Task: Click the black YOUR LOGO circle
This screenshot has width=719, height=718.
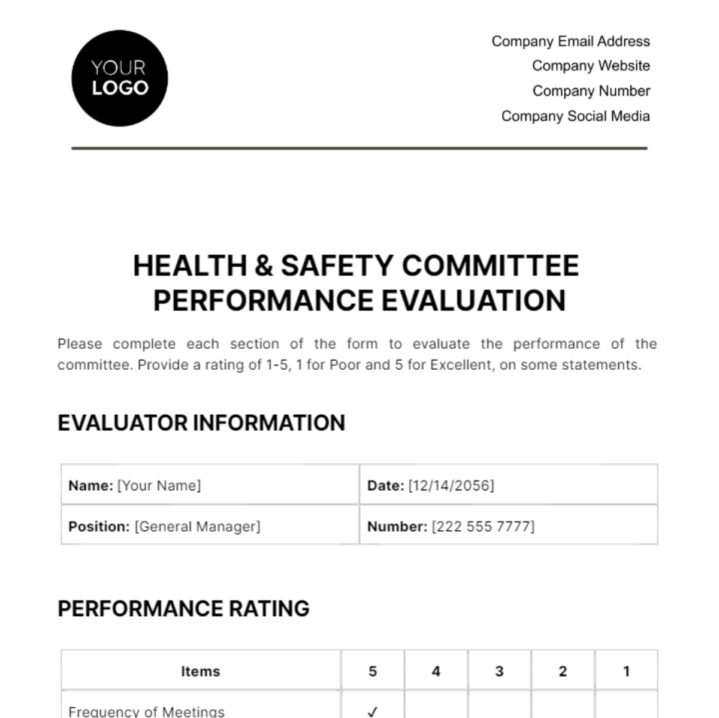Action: tap(119, 79)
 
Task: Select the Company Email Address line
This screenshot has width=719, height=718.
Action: tap(570, 41)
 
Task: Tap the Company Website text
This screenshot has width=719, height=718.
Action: tap(591, 66)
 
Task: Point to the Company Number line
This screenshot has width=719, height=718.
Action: tap(591, 91)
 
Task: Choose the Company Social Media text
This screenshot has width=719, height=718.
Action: tap(575, 116)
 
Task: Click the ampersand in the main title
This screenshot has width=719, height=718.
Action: tap(264, 266)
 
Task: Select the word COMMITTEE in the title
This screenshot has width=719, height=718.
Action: tap(490, 266)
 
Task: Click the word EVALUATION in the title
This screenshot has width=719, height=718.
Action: tap(473, 301)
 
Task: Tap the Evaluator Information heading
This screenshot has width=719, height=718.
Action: tap(201, 423)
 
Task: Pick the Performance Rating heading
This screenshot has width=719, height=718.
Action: tap(183, 609)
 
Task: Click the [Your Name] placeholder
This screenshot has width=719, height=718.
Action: tap(159, 485)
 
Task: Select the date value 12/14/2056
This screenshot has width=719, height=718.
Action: tap(451, 485)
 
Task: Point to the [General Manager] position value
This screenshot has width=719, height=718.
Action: tap(198, 527)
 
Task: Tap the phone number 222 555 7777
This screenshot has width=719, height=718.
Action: tap(483, 527)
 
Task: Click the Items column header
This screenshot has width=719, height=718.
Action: tap(201, 671)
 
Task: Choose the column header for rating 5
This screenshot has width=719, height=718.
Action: tap(373, 671)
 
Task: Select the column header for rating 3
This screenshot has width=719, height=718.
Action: tap(499, 671)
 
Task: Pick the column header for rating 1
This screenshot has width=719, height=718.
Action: tap(626, 671)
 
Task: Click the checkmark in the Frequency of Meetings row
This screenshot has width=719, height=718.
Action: tap(373, 711)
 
